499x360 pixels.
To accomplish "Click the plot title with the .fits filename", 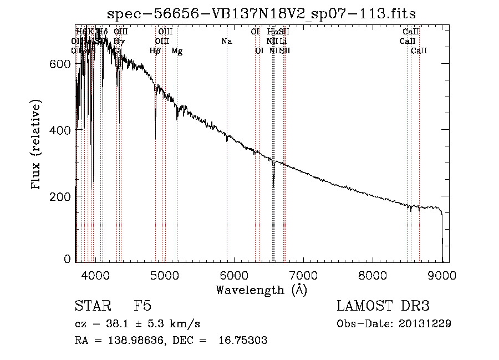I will click(x=261, y=13).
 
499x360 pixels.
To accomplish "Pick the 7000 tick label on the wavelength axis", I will click(x=303, y=275).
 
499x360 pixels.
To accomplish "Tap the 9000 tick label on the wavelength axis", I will click(x=442, y=275).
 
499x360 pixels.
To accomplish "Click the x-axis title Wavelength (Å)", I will click(x=261, y=290).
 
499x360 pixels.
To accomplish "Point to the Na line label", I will click(x=226, y=41).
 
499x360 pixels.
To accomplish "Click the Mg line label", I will click(x=177, y=51).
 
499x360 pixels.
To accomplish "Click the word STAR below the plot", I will click(x=93, y=306).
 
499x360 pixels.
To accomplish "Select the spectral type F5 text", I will click(x=142, y=306).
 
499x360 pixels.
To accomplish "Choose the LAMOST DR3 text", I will click(x=383, y=306).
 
